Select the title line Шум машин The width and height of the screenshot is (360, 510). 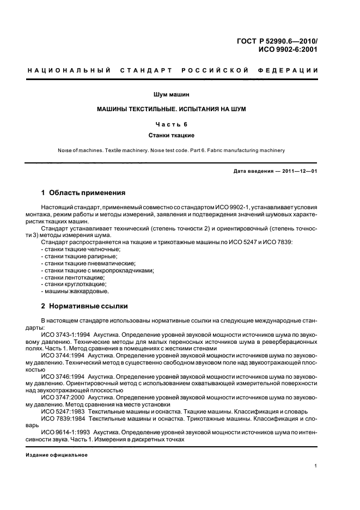(171, 95)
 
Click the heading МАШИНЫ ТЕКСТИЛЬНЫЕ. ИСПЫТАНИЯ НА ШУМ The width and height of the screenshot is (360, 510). (171, 110)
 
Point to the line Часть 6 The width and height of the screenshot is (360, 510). (171, 124)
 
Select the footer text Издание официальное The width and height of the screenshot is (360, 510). (57, 454)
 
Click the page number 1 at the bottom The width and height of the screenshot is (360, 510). (316, 466)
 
